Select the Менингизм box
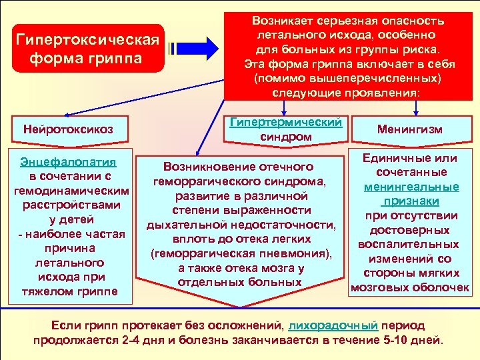409,129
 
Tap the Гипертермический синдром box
286,129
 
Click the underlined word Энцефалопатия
67,162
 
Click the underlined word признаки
411,201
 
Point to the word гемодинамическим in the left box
67,191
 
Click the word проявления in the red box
382,93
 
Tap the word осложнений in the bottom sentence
248,325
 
